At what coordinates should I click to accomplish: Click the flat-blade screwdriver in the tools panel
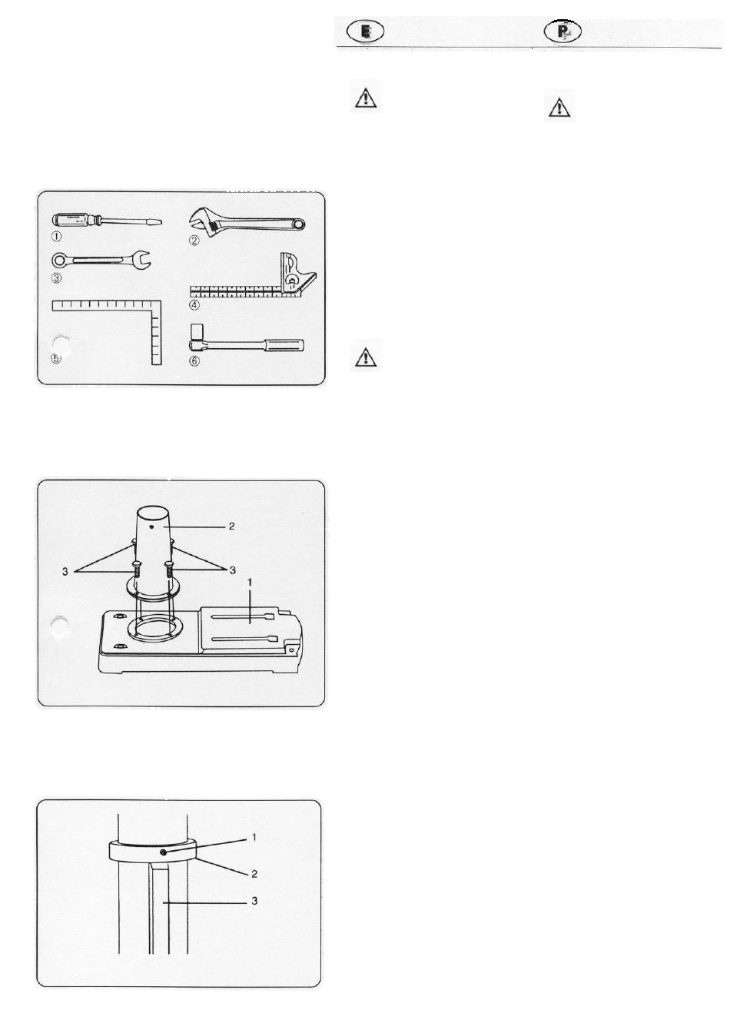click(106, 221)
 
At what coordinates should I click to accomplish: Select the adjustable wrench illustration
click(247, 222)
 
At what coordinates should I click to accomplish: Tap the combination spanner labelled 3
click(101, 260)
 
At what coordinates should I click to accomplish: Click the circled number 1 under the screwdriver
click(56, 237)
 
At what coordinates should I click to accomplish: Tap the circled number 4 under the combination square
click(194, 305)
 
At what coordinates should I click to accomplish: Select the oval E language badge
click(365, 31)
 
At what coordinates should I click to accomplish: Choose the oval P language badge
click(562, 31)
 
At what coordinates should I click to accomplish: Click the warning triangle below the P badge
click(559, 107)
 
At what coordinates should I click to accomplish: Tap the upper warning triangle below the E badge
click(366, 98)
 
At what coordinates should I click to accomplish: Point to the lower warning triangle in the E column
click(366, 357)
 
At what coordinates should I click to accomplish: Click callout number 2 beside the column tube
click(231, 526)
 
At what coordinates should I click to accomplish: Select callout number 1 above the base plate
click(250, 583)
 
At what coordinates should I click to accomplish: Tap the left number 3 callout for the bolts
click(65, 571)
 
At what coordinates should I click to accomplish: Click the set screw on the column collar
click(164, 853)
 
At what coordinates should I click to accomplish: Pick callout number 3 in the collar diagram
click(254, 901)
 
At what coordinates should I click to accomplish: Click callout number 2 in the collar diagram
click(254, 873)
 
